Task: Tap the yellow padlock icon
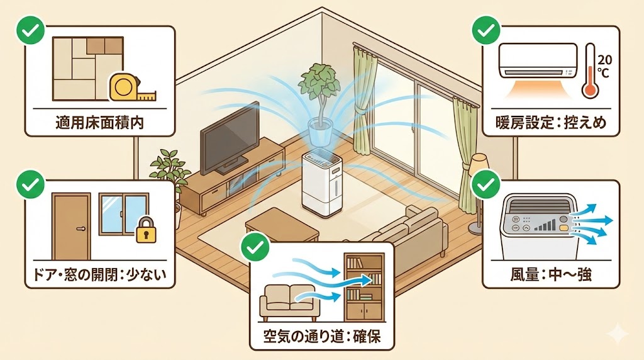click(x=145, y=231)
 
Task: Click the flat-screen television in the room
click(x=230, y=138)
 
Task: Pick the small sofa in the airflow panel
click(x=291, y=301)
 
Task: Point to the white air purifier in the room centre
click(x=321, y=182)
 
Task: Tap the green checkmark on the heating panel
click(x=484, y=30)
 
